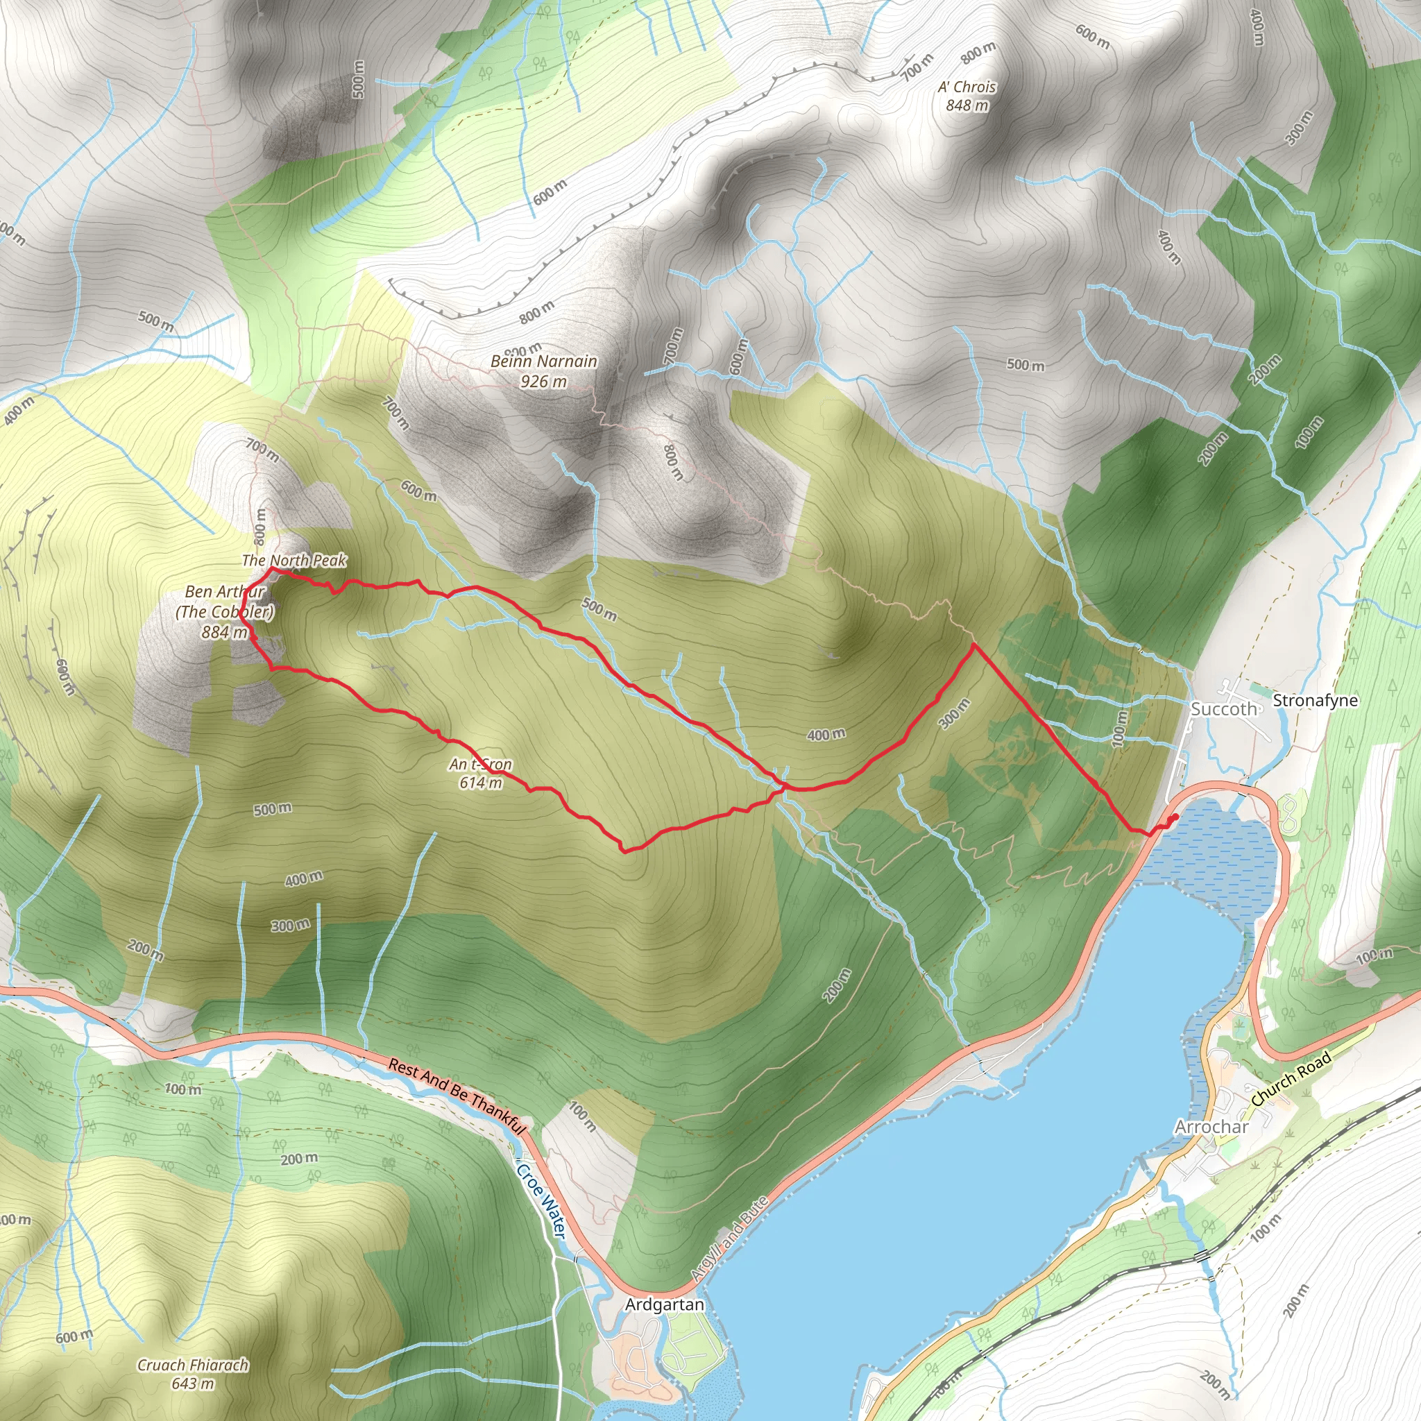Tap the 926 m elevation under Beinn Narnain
[x=543, y=381]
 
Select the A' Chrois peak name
[x=967, y=87]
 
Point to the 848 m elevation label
[x=967, y=105]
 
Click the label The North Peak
[x=294, y=561]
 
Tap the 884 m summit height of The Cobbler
[x=224, y=632]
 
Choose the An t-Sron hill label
[x=480, y=764]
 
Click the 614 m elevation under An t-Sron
[x=480, y=783]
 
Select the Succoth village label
[x=1224, y=709]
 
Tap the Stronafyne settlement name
[x=1315, y=700]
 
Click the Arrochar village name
[x=1211, y=1127]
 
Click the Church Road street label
[x=1291, y=1080]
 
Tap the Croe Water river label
[x=541, y=1200]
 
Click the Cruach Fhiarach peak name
[x=193, y=1365]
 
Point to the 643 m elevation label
[x=193, y=1384]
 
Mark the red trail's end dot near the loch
[x=1175, y=817]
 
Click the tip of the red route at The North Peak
[x=272, y=568]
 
